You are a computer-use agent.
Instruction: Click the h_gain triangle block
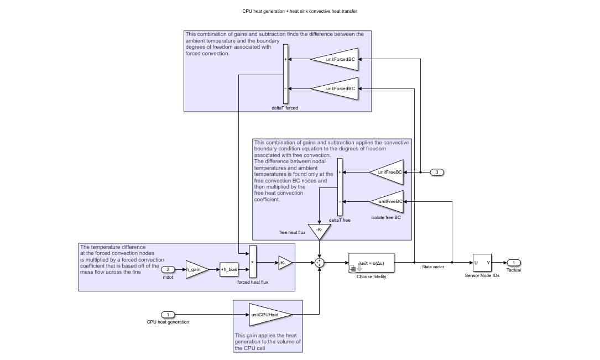(x=196, y=269)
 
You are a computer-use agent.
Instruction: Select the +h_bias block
(x=228, y=269)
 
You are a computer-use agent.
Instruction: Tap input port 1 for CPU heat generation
(x=168, y=315)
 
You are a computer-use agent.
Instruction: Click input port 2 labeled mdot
(x=168, y=269)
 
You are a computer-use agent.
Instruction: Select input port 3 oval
(x=437, y=172)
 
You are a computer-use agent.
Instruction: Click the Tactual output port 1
(x=513, y=263)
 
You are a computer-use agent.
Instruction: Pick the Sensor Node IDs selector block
(x=482, y=263)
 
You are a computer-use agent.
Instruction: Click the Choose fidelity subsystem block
(x=371, y=263)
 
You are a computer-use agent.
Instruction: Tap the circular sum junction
(x=319, y=263)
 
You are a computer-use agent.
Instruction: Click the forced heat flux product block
(x=253, y=262)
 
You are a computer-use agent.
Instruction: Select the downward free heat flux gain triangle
(x=319, y=231)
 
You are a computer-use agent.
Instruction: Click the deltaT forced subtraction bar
(x=285, y=74)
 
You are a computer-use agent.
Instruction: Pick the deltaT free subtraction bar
(x=340, y=187)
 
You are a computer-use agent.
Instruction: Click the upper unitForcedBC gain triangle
(x=336, y=59)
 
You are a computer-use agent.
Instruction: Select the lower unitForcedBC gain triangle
(x=336, y=88)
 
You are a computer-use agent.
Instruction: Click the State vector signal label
(x=434, y=267)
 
